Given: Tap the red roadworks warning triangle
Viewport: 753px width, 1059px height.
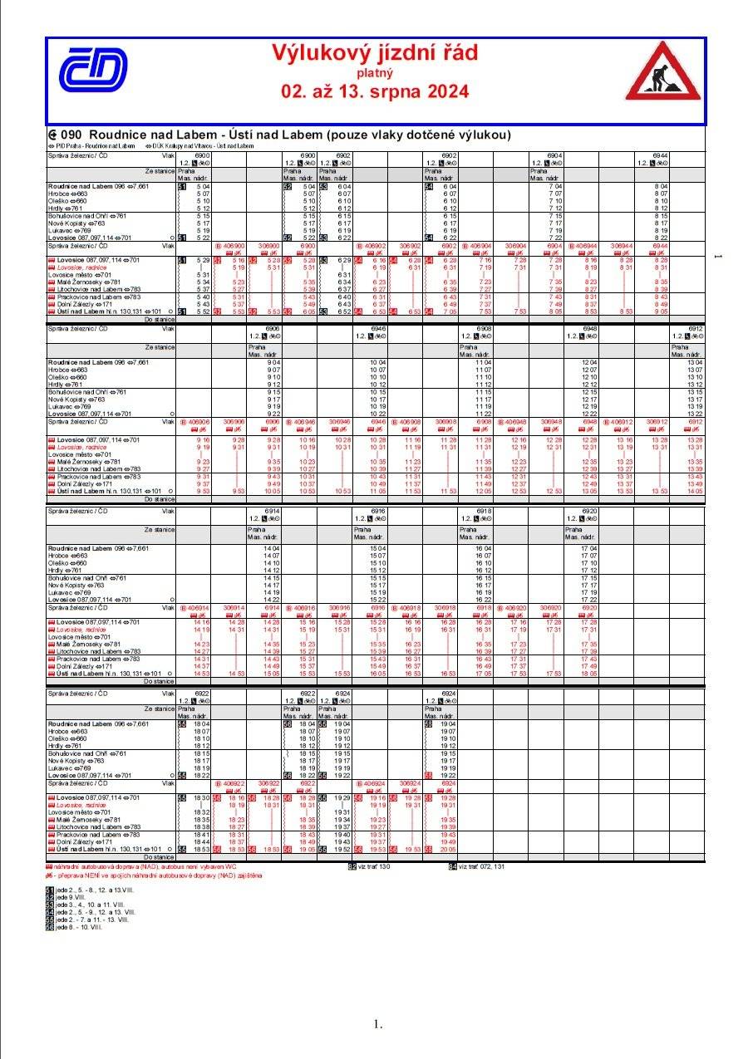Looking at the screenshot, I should [x=662, y=72].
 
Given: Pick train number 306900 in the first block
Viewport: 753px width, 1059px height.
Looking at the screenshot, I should [x=269, y=247].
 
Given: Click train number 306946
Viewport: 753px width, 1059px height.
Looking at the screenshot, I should [x=340, y=422].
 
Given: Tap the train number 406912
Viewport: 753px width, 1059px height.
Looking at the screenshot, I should [x=623, y=422].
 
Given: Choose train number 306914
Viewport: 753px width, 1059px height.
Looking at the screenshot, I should [x=234, y=608].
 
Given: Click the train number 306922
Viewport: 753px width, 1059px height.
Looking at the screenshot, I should [x=269, y=783].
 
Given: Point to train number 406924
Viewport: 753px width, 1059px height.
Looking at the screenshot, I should [x=375, y=783].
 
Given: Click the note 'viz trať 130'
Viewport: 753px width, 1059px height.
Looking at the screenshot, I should [x=373, y=866].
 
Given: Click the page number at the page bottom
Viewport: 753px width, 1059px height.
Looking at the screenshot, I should [x=376, y=1023].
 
